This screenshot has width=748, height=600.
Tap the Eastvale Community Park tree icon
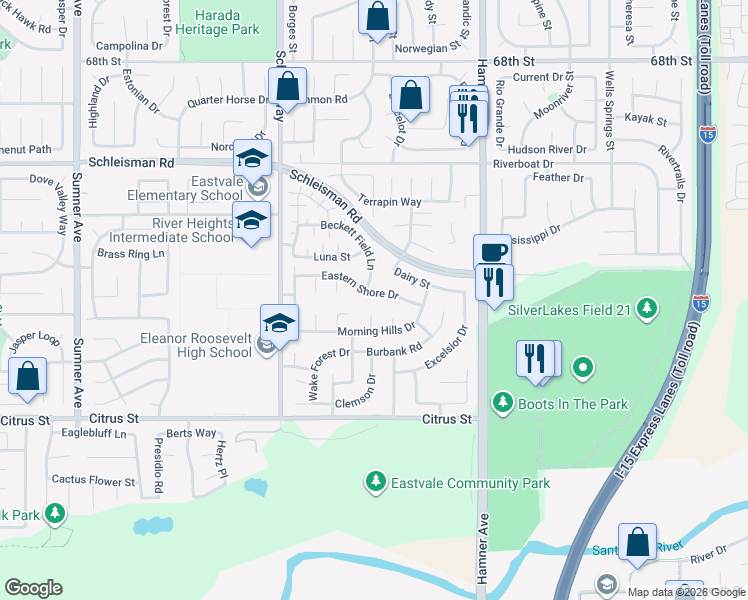click(375, 483)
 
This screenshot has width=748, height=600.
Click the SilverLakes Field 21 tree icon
click(647, 308)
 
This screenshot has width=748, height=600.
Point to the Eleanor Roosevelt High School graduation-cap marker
click(280, 323)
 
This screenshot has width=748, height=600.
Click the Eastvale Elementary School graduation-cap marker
click(251, 158)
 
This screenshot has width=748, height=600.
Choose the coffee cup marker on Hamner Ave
click(491, 252)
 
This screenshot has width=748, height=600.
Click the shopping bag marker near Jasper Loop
click(28, 377)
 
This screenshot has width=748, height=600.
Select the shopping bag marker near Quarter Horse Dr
click(288, 87)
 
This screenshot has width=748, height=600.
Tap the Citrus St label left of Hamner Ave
click(446, 419)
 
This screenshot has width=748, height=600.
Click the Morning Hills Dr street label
click(375, 331)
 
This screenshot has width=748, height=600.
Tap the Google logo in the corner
click(33, 587)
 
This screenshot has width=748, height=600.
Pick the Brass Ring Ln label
click(130, 254)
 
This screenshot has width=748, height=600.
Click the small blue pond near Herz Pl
click(256, 487)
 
